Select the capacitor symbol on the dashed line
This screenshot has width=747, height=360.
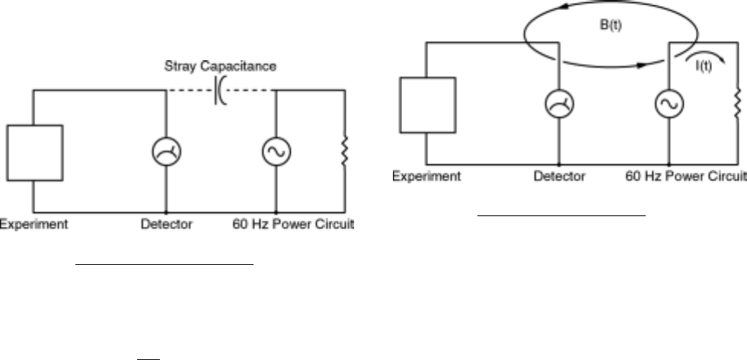pos(219,91)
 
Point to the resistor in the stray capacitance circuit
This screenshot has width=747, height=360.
pos(345,151)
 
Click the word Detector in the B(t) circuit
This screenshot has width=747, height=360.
pos(560,176)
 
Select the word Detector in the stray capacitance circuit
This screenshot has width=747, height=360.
pos(165,225)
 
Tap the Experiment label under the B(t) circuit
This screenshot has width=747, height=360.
pos(427,176)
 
